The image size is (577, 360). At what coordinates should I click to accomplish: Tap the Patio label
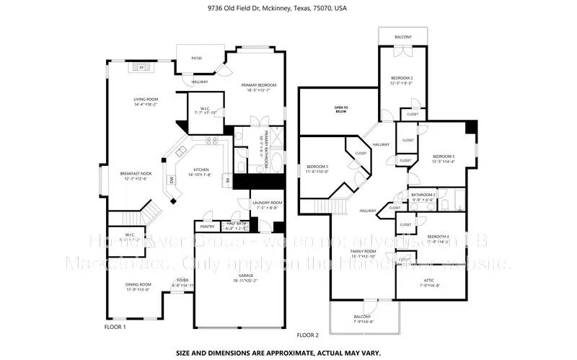tap(196, 58)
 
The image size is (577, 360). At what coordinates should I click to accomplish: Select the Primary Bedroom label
tap(258, 85)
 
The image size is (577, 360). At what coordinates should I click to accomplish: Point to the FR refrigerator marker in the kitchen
tap(226, 180)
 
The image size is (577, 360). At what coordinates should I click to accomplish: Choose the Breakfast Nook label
tap(136, 173)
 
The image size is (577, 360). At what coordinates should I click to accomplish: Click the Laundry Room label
tap(267, 203)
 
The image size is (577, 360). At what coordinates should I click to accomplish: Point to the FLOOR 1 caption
tap(115, 327)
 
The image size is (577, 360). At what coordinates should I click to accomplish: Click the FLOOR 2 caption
tap(307, 335)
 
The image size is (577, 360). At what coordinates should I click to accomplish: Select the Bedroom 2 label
tap(402, 77)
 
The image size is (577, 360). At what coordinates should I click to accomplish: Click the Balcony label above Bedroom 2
tap(403, 37)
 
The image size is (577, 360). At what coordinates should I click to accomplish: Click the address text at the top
tap(288, 9)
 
